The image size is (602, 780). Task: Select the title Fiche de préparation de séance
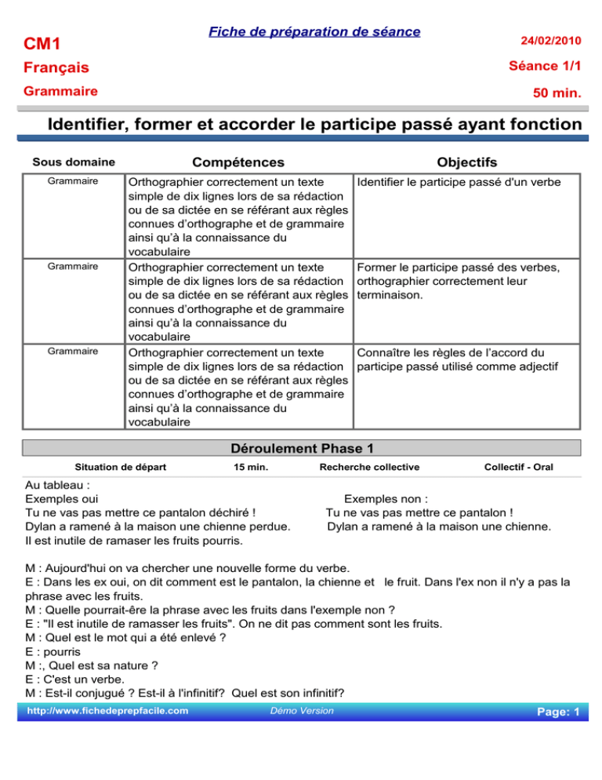pyautogui.click(x=314, y=31)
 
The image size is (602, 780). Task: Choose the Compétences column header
pyautogui.click(x=238, y=162)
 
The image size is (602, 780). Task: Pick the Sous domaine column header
pyautogui.click(x=74, y=163)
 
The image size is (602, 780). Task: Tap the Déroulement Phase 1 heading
pyautogui.click(x=301, y=449)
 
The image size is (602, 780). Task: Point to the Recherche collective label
pyautogui.click(x=369, y=468)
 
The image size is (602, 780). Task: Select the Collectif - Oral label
pyautogui.click(x=519, y=468)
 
